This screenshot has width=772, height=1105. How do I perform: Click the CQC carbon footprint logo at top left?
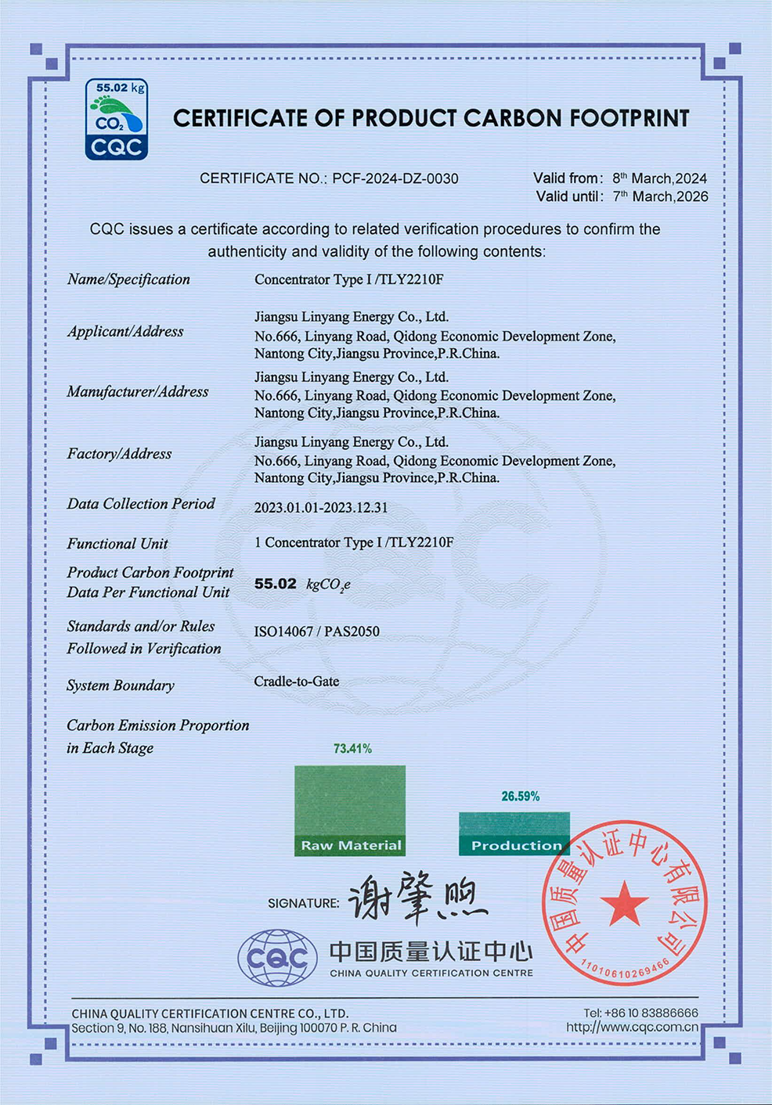click(116, 120)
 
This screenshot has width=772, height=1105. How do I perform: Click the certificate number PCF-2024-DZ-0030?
click(395, 178)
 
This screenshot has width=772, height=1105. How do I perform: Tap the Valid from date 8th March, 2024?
click(659, 178)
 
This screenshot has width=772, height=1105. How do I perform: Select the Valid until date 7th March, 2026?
click(660, 196)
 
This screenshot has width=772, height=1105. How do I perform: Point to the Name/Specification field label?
click(128, 279)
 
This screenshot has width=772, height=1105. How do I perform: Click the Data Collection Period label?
click(141, 504)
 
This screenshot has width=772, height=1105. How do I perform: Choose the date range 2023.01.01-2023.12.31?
click(321, 507)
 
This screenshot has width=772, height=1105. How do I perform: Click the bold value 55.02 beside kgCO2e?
click(276, 584)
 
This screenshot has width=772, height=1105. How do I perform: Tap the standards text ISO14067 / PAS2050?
click(317, 632)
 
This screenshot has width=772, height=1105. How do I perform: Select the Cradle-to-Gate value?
click(297, 682)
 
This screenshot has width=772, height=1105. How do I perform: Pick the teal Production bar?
click(514, 833)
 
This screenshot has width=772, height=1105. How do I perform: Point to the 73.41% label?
click(352, 749)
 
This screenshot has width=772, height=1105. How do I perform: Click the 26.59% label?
click(521, 797)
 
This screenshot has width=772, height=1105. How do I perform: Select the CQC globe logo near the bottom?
click(277, 957)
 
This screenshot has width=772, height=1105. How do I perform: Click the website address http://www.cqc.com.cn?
click(632, 1028)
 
